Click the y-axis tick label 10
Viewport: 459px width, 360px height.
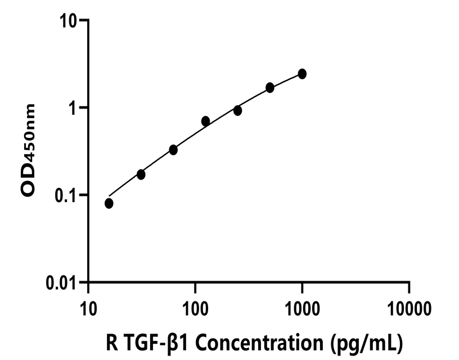click(x=70, y=20)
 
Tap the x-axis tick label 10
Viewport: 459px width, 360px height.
click(x=88, y=308)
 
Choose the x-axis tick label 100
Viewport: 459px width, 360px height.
click(x=195, y=308)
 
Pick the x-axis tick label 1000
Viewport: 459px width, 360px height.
click(x=302, y=308)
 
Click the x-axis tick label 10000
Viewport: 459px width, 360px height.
click(x=409, y=308)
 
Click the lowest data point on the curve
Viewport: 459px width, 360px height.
click(x=109, y=203)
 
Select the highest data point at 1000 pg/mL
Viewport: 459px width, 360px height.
click(x=302, y=74)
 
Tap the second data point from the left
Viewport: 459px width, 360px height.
click(x=141, y=174)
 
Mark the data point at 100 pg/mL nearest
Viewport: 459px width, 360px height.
click(x=206, y=121)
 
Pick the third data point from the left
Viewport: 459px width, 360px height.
click(x=173, y=150)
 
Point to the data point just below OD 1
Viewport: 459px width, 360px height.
click(x=238, y=111)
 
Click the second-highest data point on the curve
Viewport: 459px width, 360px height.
click(x=270, y=87)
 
